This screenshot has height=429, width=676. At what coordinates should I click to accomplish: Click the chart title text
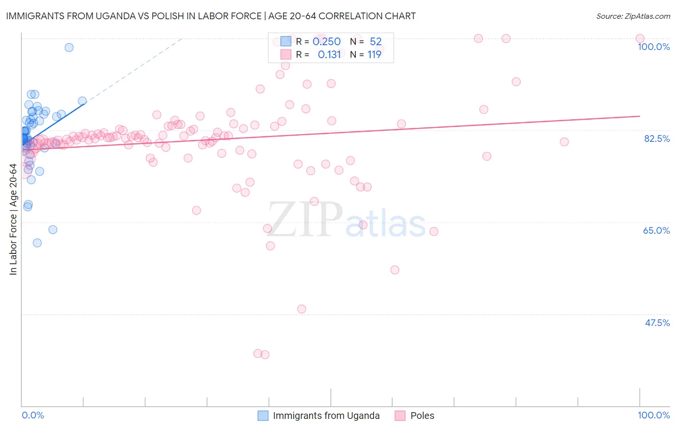pos(211,16)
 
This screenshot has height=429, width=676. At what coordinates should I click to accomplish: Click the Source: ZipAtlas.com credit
pos(633,16)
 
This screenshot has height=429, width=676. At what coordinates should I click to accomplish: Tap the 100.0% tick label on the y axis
pos(653,47)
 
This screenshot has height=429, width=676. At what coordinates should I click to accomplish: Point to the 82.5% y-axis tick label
pos(657,139)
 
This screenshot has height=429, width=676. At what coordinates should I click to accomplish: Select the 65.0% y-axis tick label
pos(656,230)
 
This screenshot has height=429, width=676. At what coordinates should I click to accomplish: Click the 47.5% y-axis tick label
pos(657,323)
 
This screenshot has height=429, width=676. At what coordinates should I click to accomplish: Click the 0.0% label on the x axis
pos(33,415)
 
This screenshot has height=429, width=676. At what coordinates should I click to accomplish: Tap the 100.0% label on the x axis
pos(653,415)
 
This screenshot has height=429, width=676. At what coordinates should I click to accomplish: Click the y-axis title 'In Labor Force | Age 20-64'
pos(13,219)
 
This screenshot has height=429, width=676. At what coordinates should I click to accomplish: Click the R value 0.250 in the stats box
pos(326,42)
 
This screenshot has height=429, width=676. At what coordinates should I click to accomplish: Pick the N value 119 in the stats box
pos(375,55)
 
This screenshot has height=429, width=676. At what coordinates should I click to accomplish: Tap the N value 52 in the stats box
pos(376,42)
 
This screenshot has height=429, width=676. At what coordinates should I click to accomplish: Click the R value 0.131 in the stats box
pos(329,55)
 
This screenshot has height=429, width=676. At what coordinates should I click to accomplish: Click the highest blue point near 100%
pos(69,47)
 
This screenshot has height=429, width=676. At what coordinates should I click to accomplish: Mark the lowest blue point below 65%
pos(37,243)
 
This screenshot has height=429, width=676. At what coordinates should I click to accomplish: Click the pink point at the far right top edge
pos(640,38)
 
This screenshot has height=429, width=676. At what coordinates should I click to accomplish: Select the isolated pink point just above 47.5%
pos(301,309)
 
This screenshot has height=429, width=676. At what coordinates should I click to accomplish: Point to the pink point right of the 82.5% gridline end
pos(564,142)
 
